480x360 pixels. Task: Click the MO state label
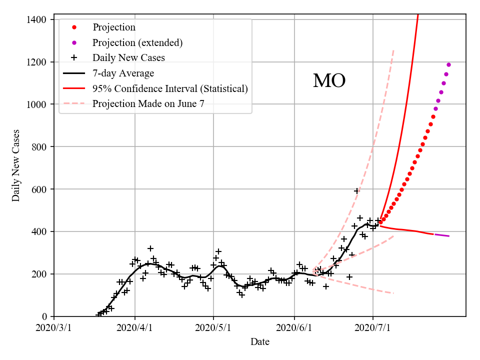[x=329, y=81]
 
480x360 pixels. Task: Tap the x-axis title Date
[x=260, y=342]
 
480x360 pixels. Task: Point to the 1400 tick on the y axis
[x=37, y=19]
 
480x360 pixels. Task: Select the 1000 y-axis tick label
[x=37, y=104]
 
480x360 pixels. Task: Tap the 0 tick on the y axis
[x=45, y=316]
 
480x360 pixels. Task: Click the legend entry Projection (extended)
[x=137, y=42]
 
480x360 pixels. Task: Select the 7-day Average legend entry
[x=123, y=73]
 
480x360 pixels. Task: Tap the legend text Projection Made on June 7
[x=148, y=104]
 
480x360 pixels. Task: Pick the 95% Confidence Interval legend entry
[x=170, y=89]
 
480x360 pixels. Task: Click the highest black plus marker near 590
[x=357, y=191]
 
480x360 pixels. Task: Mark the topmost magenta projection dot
[x=448, y=64]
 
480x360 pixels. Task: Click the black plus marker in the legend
[x=74, y=58]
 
